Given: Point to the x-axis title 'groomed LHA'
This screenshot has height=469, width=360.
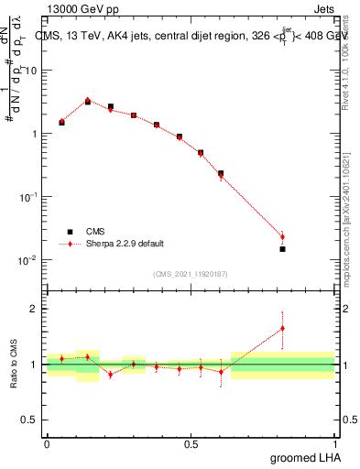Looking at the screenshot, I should coord(307,457).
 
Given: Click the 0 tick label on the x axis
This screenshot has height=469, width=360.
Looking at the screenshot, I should coord(47,443).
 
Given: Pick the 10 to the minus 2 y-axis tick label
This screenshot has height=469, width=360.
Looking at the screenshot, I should coord(29,260).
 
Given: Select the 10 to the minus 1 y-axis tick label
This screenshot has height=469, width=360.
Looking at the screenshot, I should coord(29,197).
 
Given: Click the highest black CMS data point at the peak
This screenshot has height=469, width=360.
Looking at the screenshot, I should coord(88,102).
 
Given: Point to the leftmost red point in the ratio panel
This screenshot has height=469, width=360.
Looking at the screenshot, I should coord(61,358).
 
